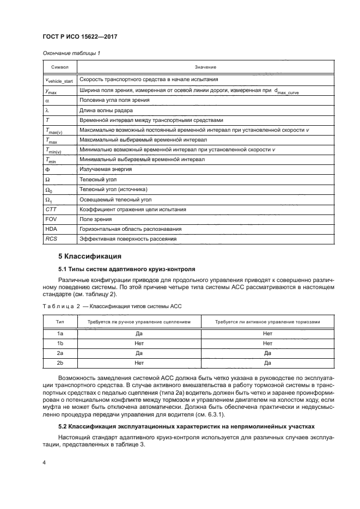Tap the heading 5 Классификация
click(x=89, y=255)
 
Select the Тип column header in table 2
click(x=60, y=322)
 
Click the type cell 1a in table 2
click(x=60, y=333)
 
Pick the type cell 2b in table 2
click(x=60, y=362)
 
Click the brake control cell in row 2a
click(x=267, y=352)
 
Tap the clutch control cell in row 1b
click(x=139, y=342)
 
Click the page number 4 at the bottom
click(x=45, y=463)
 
